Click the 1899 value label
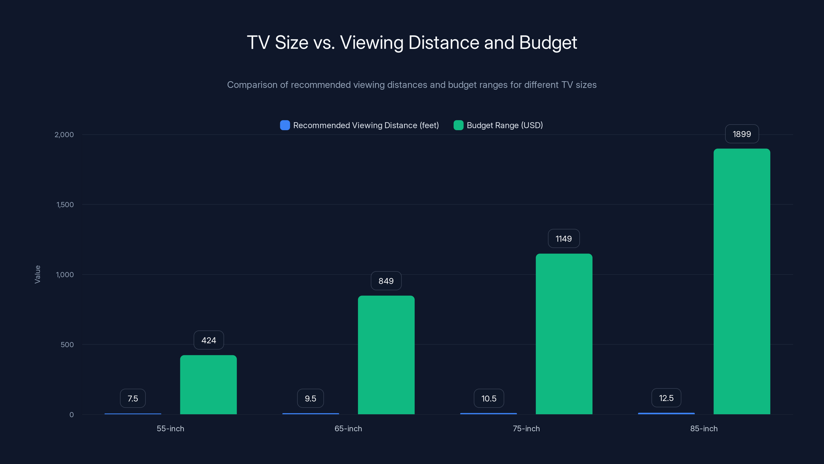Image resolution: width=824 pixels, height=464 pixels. click(742, 134)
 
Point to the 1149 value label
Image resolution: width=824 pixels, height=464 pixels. click(564, 238)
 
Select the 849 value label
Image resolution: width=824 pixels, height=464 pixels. click(386, 281)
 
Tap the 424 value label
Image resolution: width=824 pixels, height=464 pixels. click(209, 340)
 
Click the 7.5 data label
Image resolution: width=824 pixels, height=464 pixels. click(133, 398)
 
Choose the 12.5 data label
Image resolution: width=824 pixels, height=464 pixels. click(666, 398)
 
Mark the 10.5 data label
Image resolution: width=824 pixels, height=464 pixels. click(489, 398)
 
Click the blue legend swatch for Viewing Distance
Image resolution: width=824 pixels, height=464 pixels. click(285, 125)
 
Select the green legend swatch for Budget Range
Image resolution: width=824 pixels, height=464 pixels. click(458, 125)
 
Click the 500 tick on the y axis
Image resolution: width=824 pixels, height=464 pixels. click(67, 345)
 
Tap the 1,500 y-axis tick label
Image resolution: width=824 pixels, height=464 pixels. click(65, 205)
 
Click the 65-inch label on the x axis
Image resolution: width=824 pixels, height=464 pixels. click(348, 428)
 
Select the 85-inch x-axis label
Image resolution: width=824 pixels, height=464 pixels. click(704, 428)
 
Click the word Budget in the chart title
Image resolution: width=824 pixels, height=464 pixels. click(548, 43)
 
